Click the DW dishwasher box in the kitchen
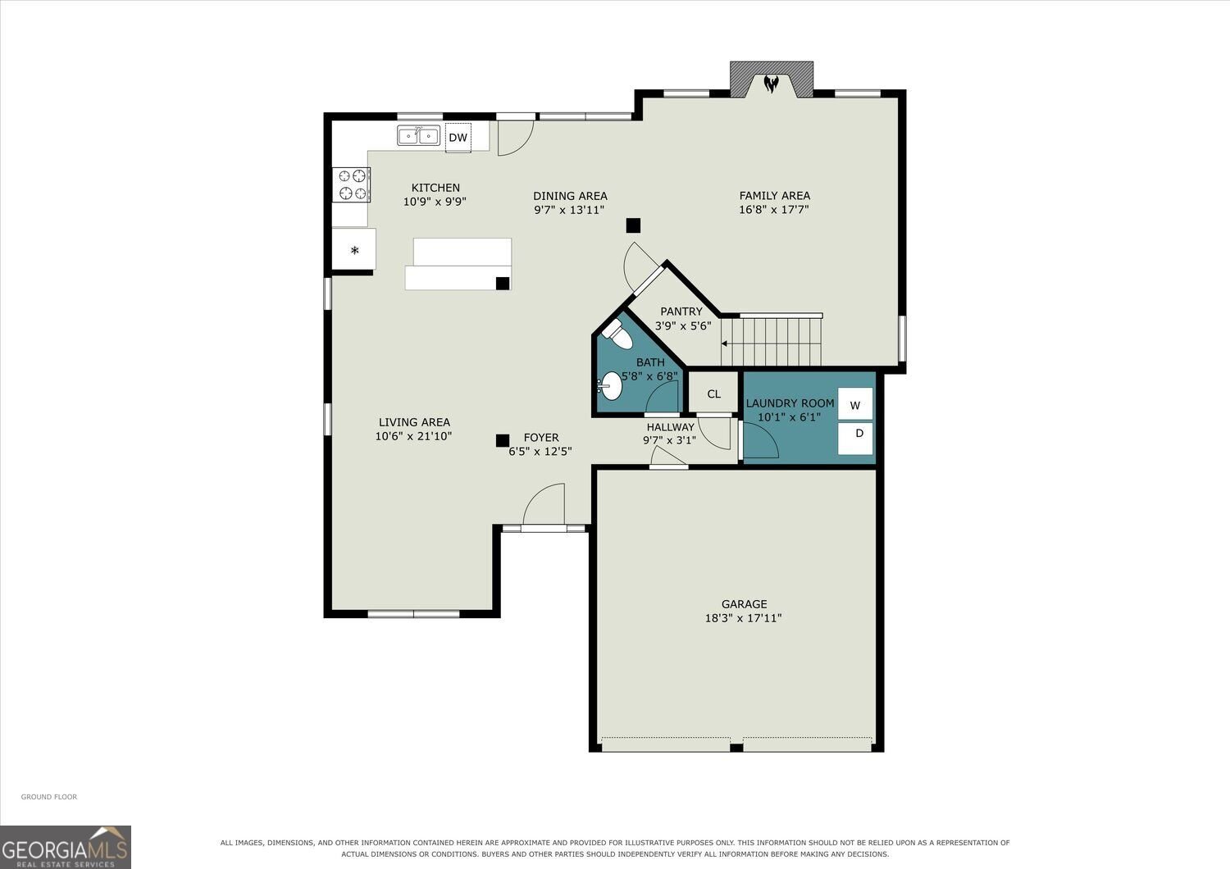pyautogui.click(x=458, y=137)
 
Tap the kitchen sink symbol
pyautogui.click(x=418, y=135)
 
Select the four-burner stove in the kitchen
pyautogui.click(x=351, y=184)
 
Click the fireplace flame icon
pyautogui.click(x=771, y=84)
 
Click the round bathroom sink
pyautogui.click(x=611, y=386)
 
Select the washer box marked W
pyautogui.click(x=855, y=404)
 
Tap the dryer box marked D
pyautogui.click(x=855, y=438)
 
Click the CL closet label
pyautogui.click(x=714, y=394)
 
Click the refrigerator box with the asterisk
pyautogui.click(x=353, y=249)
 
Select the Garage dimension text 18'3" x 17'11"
pyautogui.click(x=744, y=618)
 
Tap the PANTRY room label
pyautogui.click(x=681, y=312)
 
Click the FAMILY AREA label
pyautogui.click(x=774, y=195)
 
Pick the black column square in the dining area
pyautogui.click(x=633, y=225)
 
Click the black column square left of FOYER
pyautogui.click(x=503, y=440)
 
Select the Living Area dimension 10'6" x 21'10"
pyautogui.click(x=413, y=436)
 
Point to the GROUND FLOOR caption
pyautogui.click(x=49, y=797)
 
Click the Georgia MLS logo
pyautogui.click(x=66, y=848)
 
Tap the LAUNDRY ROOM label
pyautogui.click(x=790, y=403)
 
